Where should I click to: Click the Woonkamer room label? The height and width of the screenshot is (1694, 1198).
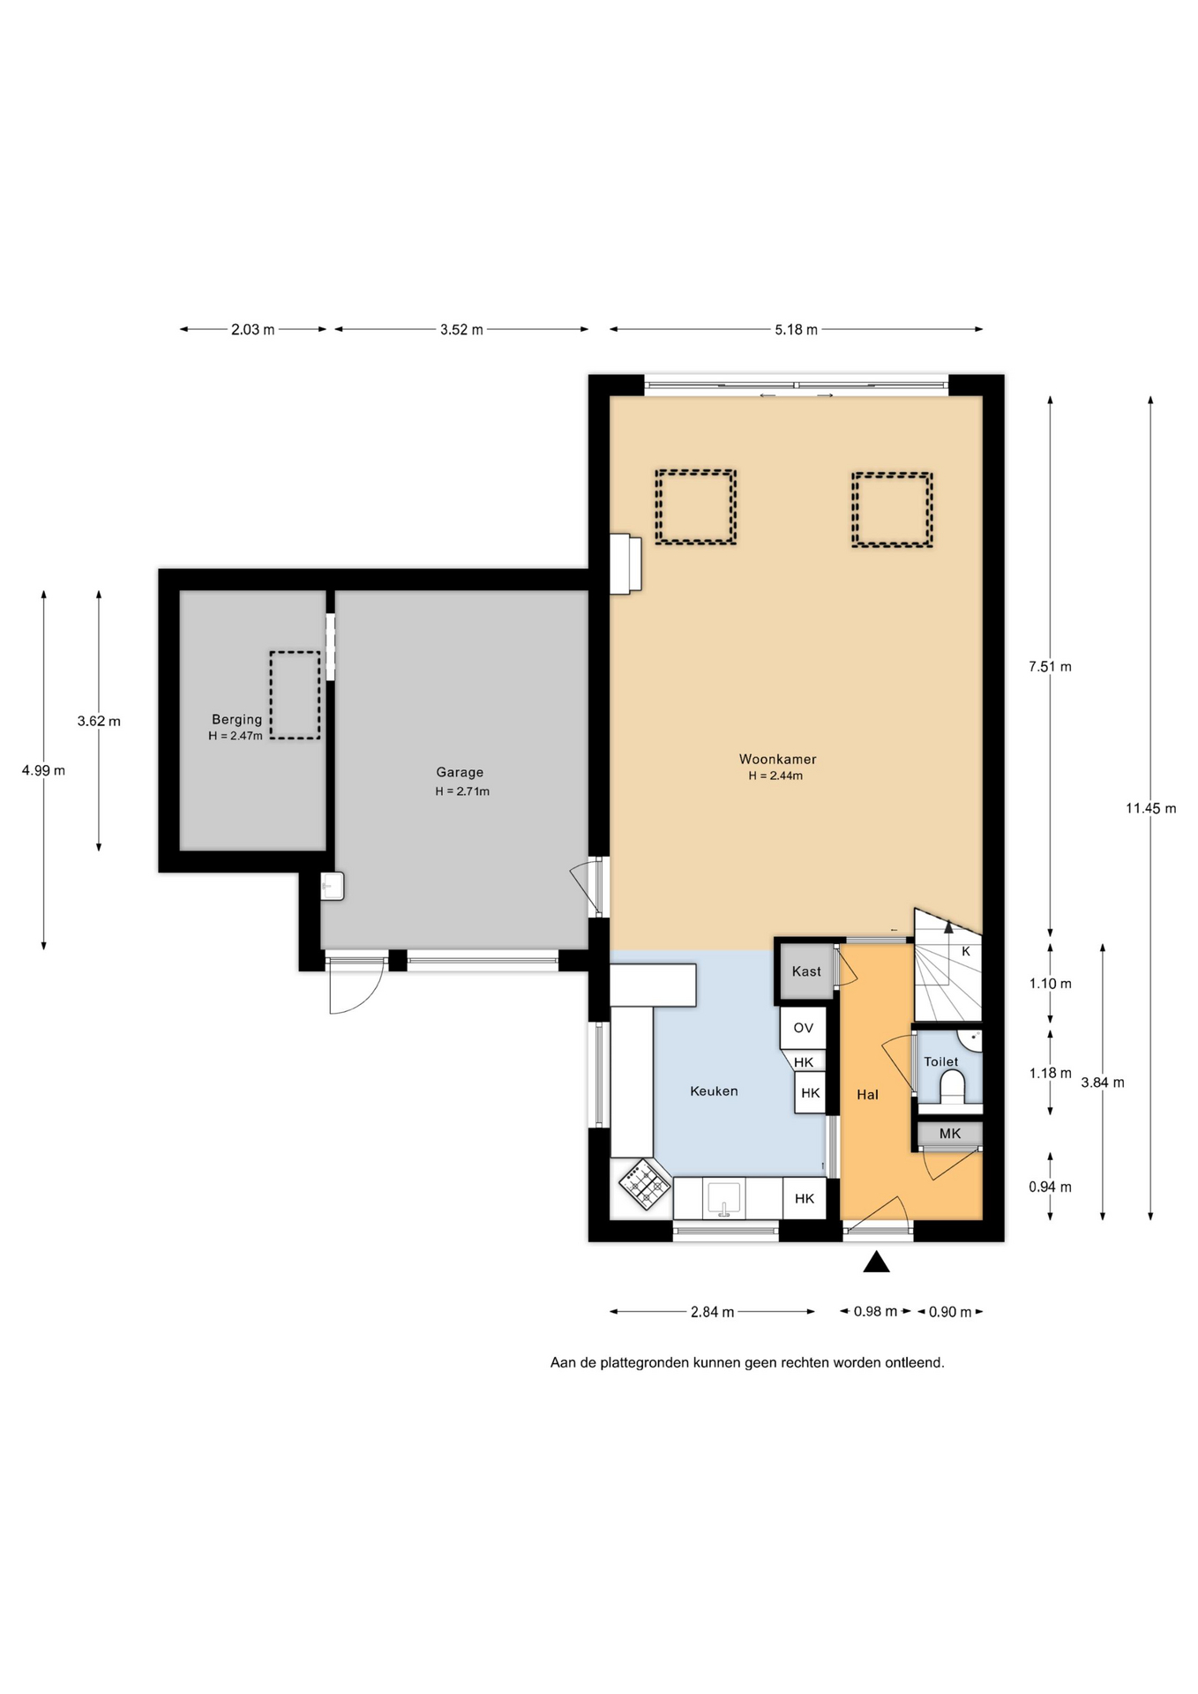pyautogui.click(x=777, y=759)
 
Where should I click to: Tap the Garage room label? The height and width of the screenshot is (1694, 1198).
pyautogui.click(x=460, y=772)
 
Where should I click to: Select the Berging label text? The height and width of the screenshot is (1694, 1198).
pyautogui.click(x=236, y=719)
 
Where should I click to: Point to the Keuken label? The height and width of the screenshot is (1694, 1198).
pyautogui.click(x=714, y=1091)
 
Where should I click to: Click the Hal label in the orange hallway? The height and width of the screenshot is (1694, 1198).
pyautogui.click(x=867, y=1094)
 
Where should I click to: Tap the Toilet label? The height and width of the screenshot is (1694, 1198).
pyautogui.click(x=941, y=1061)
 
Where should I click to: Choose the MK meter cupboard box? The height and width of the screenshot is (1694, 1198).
pyautogui.click(x=950, y=1134)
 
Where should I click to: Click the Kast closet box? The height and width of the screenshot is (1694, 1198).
pyautogui.click(x=806, y=971)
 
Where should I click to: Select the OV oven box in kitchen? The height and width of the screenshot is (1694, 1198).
pyautogui.click(x=803, y=1028)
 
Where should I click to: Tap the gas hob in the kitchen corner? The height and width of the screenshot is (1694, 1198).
pyautogui.click(x=645, y=1185)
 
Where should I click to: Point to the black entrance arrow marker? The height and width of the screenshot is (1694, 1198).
pyautogui.click(x=876, y=1262)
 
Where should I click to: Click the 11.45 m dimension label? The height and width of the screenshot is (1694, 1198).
pyautogui.click(x=1150, y=807)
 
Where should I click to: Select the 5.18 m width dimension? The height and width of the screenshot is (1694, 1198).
pyautogui.click(x=796, y=329)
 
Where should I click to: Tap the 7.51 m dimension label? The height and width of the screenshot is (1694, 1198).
pyautogui.click(x=1050, y=666)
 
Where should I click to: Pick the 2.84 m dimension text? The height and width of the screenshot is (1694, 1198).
pyautogui.click(x=713, y=1312)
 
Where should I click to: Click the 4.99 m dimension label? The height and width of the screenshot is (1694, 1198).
pyautogui.click(x=43, y=770)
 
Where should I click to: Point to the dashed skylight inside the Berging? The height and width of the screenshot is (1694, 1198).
pyautogui.click(x=295, y=694)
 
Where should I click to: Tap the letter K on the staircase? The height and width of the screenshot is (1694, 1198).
pyautogui.click(x=966, y=951)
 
